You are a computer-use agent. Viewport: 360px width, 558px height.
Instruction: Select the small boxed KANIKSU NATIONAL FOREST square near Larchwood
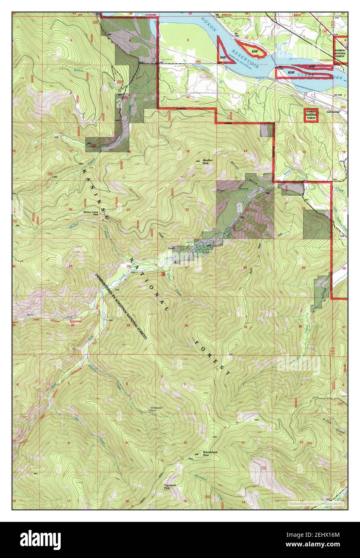click(x=311, y=115)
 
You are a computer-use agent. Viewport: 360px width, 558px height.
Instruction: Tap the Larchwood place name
click(x=333, y=112)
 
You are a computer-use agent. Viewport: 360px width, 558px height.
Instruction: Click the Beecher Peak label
click(x=208, y=162)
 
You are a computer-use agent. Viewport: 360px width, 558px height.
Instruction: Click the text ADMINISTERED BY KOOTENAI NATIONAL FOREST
click(x=121, y=306)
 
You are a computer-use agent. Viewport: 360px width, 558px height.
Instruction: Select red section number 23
click(x=246, y=210)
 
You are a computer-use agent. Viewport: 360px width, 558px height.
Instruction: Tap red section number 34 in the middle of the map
click(x=186, y=325)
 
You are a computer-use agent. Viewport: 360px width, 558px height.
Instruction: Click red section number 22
click(x=187, y=210)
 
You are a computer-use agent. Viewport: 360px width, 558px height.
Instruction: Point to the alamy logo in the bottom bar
click(x=40, y=540)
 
